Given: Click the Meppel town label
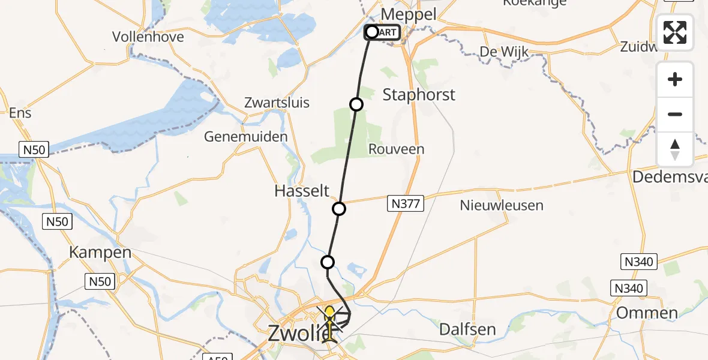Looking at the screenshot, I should [x=409, y=14].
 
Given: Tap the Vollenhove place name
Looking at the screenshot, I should [x=148, y=37].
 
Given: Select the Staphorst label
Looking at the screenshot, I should [x=419, y=95].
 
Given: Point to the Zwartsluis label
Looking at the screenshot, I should [x=277, y=103].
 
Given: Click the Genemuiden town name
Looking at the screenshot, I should [x=246, y=137].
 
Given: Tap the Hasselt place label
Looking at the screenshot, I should [x=302, y=191].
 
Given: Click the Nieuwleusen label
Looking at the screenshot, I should [x=502, y=205].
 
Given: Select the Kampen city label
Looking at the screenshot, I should [x=100, y=253].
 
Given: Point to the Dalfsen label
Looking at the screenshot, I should [x=467, y=329].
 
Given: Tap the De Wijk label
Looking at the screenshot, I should [x=504, y=52].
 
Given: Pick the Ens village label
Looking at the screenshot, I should [x=20, y=113].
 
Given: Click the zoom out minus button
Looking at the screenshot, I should [x=675, y=115].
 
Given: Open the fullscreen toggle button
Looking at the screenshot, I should [x=675, y=32].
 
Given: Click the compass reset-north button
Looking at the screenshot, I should [x=675, y=149].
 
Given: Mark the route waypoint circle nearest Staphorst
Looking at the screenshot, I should [x=356, y=104].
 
